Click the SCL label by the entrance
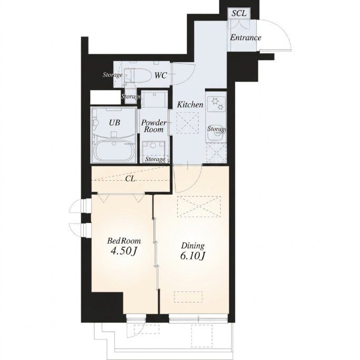tap(239, 13)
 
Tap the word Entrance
tap(246, 37)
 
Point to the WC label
tap(160, 75)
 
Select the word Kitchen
tap(190, 105)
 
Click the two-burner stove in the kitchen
tap(217, 104)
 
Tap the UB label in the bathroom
tap(114, 123)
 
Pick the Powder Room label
tap(153, 126)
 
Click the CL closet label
tap(130, 178)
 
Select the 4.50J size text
tap(124, 251)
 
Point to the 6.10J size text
tap(192, 256)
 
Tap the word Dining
tap(193, 246)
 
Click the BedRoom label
tap(124, 241)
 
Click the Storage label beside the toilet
tap(112, 75)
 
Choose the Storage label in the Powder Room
tap(155, 159)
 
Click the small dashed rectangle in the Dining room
tap(188, 297)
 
